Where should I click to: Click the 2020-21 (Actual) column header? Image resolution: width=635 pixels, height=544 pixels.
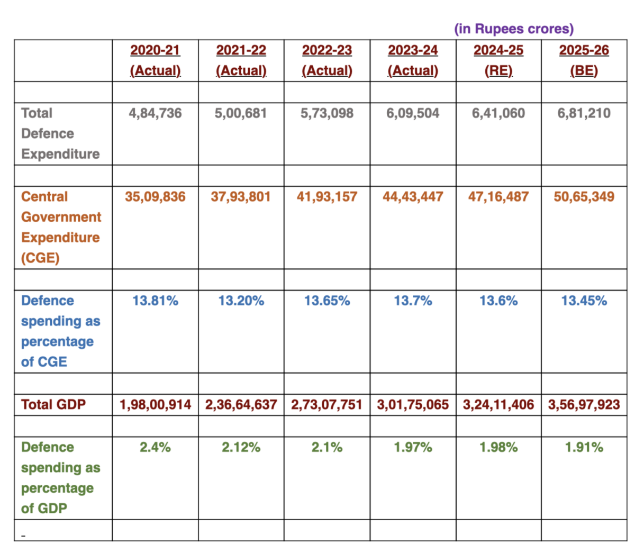point(155,60)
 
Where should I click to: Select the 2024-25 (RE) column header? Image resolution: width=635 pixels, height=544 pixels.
point(498,60)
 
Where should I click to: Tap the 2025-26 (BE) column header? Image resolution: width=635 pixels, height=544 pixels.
point(584,60)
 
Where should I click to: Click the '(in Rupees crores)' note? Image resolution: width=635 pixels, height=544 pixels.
point(514,29)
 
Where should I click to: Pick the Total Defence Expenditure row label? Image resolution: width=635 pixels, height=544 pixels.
point(60,133)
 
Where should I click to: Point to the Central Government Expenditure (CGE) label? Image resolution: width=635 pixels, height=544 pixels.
point(61,227)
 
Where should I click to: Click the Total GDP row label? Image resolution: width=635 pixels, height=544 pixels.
point(53,405)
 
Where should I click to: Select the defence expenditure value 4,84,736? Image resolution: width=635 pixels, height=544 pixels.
point(155,113)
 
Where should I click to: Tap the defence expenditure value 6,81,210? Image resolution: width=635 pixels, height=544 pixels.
point(584,113)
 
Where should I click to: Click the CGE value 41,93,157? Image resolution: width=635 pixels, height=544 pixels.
point(326,197)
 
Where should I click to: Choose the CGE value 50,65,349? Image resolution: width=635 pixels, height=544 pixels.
point(584,197)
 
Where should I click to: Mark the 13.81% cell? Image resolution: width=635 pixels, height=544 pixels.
point(155,301)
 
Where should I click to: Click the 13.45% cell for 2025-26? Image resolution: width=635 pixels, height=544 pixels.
point(584,301)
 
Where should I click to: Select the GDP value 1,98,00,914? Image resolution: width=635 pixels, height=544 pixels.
point(155,405)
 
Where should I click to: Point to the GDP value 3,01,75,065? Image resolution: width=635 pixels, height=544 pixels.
point(413,405)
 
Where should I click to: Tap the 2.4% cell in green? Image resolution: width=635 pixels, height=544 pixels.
point(155,448)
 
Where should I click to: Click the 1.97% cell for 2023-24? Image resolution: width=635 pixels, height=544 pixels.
point(413,448)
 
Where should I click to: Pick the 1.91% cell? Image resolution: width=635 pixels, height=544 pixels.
point(584,448)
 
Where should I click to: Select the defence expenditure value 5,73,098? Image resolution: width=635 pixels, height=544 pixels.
point(326,113)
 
